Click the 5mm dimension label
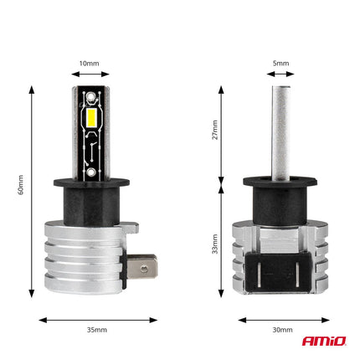(280, 62)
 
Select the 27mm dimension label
(214, 131)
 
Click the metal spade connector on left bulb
(146, 270)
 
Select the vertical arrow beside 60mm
(32, 190)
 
